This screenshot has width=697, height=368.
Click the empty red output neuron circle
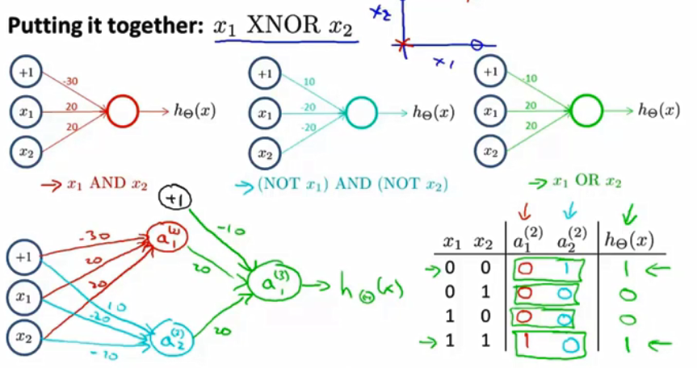pos(123,111)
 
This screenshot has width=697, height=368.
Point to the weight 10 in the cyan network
pos(309,82)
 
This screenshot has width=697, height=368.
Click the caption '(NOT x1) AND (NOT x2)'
pos(352,186)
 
